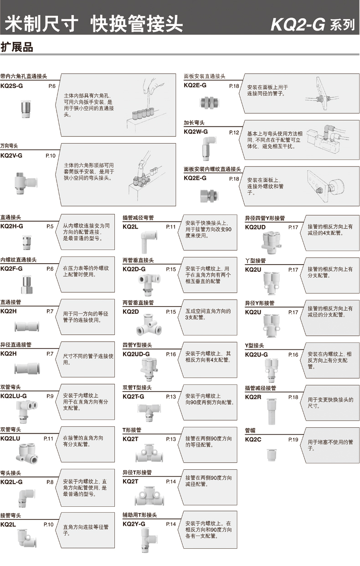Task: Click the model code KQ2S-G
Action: (11, 86)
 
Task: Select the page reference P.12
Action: (234, 132)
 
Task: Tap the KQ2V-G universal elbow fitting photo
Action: (26, 183)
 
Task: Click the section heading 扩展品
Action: (17, 47)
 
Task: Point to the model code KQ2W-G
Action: (195, 132)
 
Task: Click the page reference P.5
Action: (50, 226)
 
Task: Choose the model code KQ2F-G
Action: (11, 268)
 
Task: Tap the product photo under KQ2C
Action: (272, 455)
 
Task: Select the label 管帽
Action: (250, 430)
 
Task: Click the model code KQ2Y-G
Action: (134, 524)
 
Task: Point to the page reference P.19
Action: (293, 440)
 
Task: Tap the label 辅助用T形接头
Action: (139, 515)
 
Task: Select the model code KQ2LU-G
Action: (13, 396)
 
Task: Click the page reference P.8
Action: (50, 482)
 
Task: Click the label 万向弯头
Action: (9, 146)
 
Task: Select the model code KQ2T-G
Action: (134, 396)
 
